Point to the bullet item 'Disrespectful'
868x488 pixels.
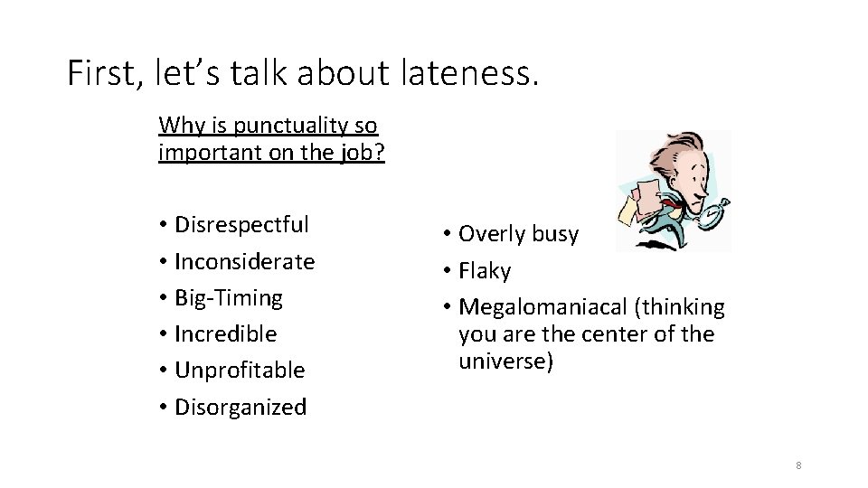241,224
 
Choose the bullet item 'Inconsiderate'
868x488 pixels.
244,261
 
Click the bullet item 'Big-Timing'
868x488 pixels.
228,297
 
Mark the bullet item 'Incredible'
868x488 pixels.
225,333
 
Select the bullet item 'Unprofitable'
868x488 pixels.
239,370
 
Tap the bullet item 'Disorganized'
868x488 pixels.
240,407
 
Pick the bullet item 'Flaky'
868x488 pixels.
485,271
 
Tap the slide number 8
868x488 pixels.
798,465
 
